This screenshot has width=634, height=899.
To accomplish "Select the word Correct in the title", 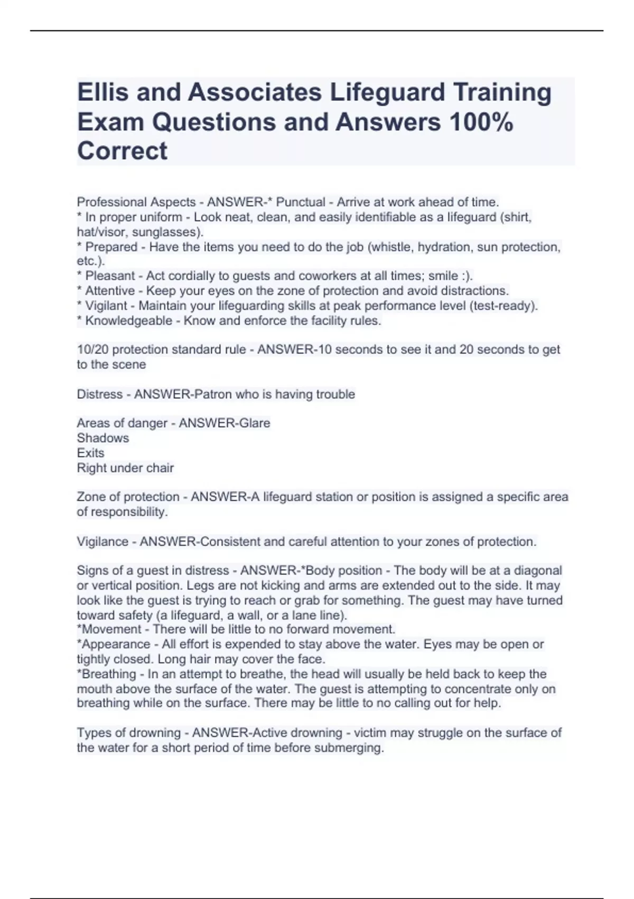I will coord(122,151).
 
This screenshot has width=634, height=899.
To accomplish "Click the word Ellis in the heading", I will coord(103,93).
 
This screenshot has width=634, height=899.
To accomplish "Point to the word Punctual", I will coord(301,202).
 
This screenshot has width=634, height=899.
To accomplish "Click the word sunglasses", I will coord(166,232).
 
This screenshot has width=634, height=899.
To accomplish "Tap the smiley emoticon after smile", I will coord(466,276).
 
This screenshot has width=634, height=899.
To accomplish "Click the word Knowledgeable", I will coord(128,320).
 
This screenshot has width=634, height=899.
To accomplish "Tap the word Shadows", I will coord(102,438).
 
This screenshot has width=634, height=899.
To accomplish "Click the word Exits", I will coord(90,453).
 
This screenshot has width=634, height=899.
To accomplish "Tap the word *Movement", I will coord(109,629).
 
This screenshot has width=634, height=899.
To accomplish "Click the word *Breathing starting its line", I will coord(107,674).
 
